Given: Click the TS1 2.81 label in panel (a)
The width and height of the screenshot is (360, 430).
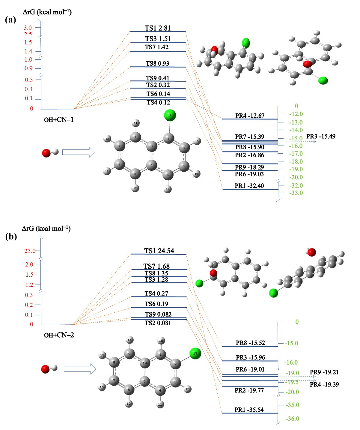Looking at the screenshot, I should coord(158,28).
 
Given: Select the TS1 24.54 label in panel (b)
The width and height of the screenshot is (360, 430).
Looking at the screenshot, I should coord(159,251).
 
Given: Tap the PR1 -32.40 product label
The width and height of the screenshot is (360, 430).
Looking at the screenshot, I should coord(249,186).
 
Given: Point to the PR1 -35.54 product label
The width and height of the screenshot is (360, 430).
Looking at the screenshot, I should coord(249,410).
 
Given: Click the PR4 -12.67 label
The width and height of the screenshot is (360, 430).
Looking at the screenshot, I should coord(250,116).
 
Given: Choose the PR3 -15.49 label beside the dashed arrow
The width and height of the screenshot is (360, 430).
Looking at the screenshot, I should coord(321,136).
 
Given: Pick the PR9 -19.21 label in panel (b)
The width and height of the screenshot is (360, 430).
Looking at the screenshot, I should coord(324,372).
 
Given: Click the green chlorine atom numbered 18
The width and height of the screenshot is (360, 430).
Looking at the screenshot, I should coord(170,115).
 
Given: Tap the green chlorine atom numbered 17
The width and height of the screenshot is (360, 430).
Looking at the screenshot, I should coord(195,353).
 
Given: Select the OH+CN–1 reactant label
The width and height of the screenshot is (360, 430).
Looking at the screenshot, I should coord(59,120).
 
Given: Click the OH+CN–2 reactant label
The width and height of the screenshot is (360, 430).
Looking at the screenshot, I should coord(59,335).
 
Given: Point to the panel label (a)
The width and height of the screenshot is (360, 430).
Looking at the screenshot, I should coord(10,20).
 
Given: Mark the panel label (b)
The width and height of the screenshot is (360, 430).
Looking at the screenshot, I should coord(11,236).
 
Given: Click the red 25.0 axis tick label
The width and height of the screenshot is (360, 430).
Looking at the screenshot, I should coord(30,251).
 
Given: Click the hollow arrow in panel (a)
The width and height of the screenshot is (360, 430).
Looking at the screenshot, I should coord(78,152).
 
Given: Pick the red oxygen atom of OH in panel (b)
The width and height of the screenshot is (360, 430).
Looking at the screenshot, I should coord(45,369).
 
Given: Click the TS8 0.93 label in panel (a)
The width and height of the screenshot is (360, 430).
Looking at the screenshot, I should coord(157,63).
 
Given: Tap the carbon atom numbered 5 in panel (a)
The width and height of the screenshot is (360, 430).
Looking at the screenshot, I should coord(152,165).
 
